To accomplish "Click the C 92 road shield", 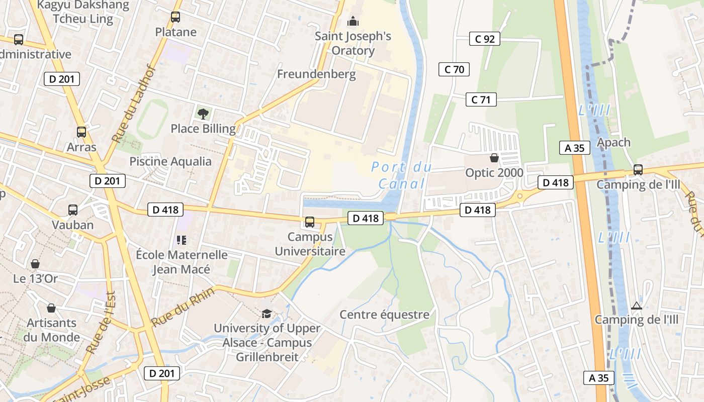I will (485, 39).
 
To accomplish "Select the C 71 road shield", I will (481, 99).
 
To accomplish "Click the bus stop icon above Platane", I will (175, 17).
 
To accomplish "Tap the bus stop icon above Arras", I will (81, 132).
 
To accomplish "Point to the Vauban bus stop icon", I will (73, 210).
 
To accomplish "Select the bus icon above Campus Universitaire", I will (310, 222).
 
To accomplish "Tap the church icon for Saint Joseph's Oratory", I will (353, 21).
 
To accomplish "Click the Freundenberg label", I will (316, 74).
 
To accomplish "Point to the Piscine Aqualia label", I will (170, 161).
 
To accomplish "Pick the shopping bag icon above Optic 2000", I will (494, 158).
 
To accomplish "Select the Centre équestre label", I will (384, 315).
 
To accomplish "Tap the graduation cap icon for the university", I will (267, 314).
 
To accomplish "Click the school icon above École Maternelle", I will (182, 240).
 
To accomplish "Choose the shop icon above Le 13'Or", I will (35, 264).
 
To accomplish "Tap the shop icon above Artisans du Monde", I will (51, 308).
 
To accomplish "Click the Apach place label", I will (613, 142).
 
